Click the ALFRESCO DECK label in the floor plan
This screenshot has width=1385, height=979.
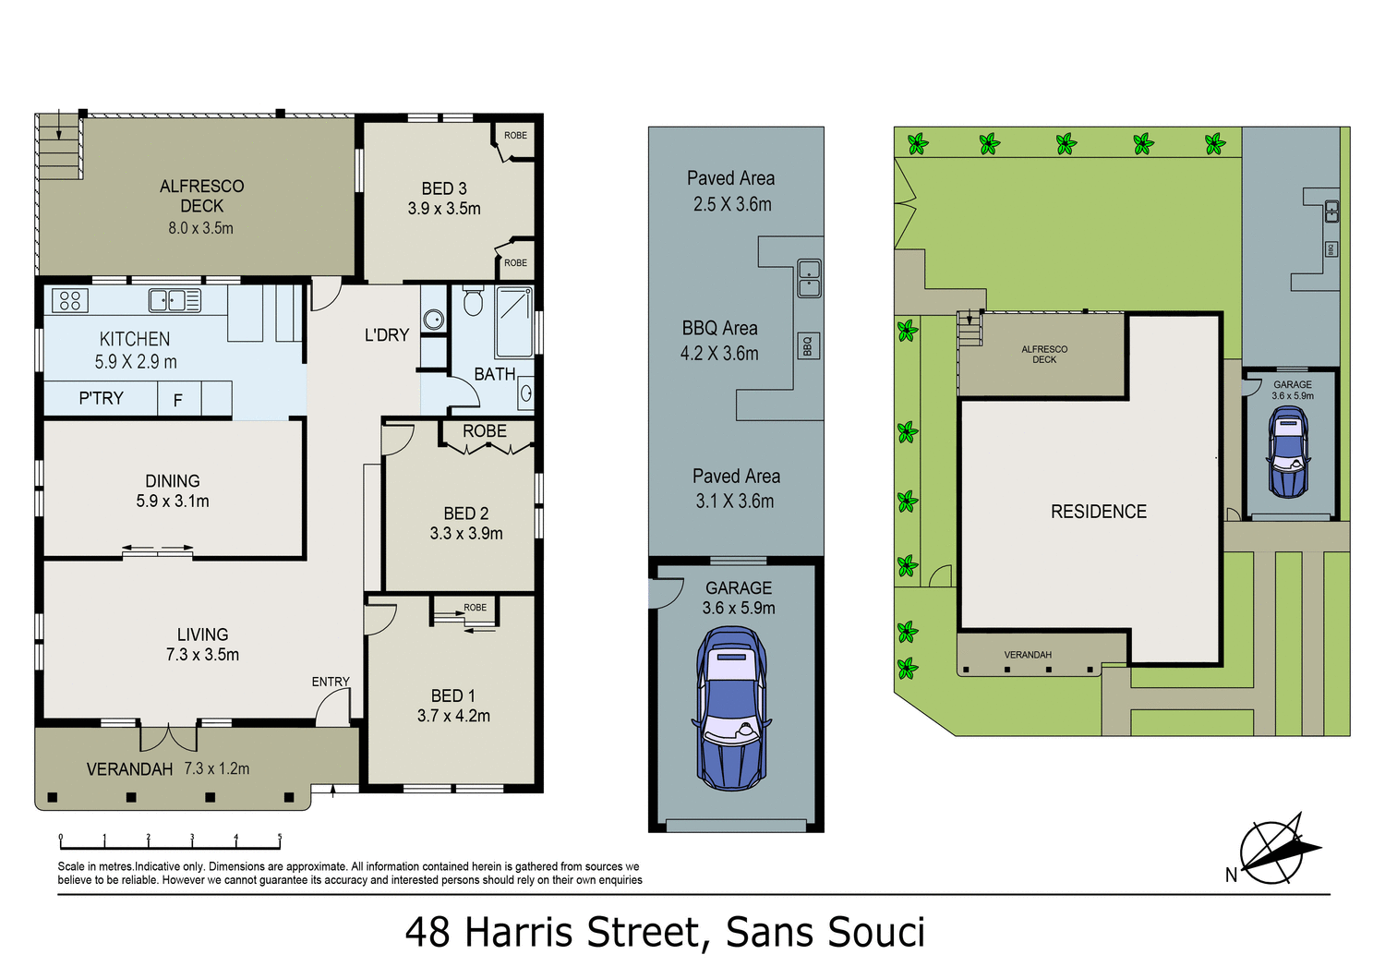(201, 196)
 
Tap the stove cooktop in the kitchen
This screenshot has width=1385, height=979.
(70, 300)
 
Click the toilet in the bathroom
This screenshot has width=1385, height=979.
(473, 302)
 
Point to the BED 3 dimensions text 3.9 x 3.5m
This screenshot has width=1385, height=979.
(444, 209)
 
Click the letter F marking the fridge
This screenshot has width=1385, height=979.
(178, 400)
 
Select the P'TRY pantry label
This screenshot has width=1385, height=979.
(101, 398)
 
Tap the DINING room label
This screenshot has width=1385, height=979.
(173, 481)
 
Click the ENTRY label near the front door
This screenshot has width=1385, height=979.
(331, 682)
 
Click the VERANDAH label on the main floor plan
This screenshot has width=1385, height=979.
(129, 769)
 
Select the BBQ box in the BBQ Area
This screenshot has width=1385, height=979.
(808, 346)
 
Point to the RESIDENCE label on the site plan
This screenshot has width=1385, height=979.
(1098, 512)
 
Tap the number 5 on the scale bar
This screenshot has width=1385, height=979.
(280, 838)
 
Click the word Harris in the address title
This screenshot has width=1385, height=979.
(521, 933)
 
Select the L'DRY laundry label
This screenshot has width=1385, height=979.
(387, 335)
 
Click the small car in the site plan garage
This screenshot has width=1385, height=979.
(1288, 452)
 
